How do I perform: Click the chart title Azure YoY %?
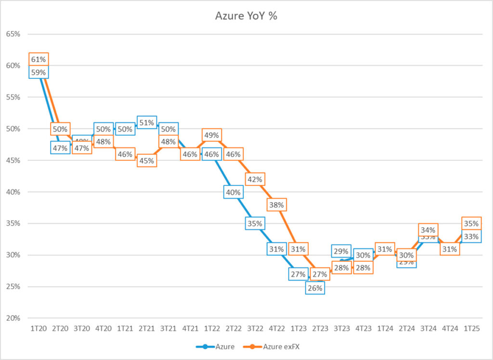(x=246, y=16)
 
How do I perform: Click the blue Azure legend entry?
(x=223, y=346)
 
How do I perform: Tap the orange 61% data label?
(x=39, y=60)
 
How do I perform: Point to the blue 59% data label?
(x=39, y=73)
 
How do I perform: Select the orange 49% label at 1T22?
(x=212, y=135)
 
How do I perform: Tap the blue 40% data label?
(x=233, y=192)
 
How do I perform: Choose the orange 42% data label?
(x=255, y=180)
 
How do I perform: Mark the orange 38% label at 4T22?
(x=276, y=205)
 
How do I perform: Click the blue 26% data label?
(x=315, y=287)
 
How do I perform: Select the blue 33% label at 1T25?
(x=471, y=236)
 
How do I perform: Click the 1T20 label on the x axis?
(x=39, y=328)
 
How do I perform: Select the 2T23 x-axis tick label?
(x=320, y=328)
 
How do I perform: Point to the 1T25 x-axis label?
(x=471, y=328)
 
